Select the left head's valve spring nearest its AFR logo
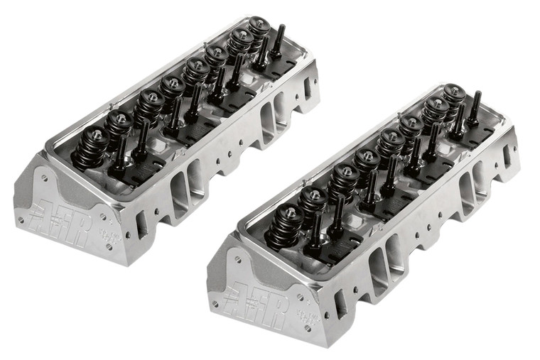93,145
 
